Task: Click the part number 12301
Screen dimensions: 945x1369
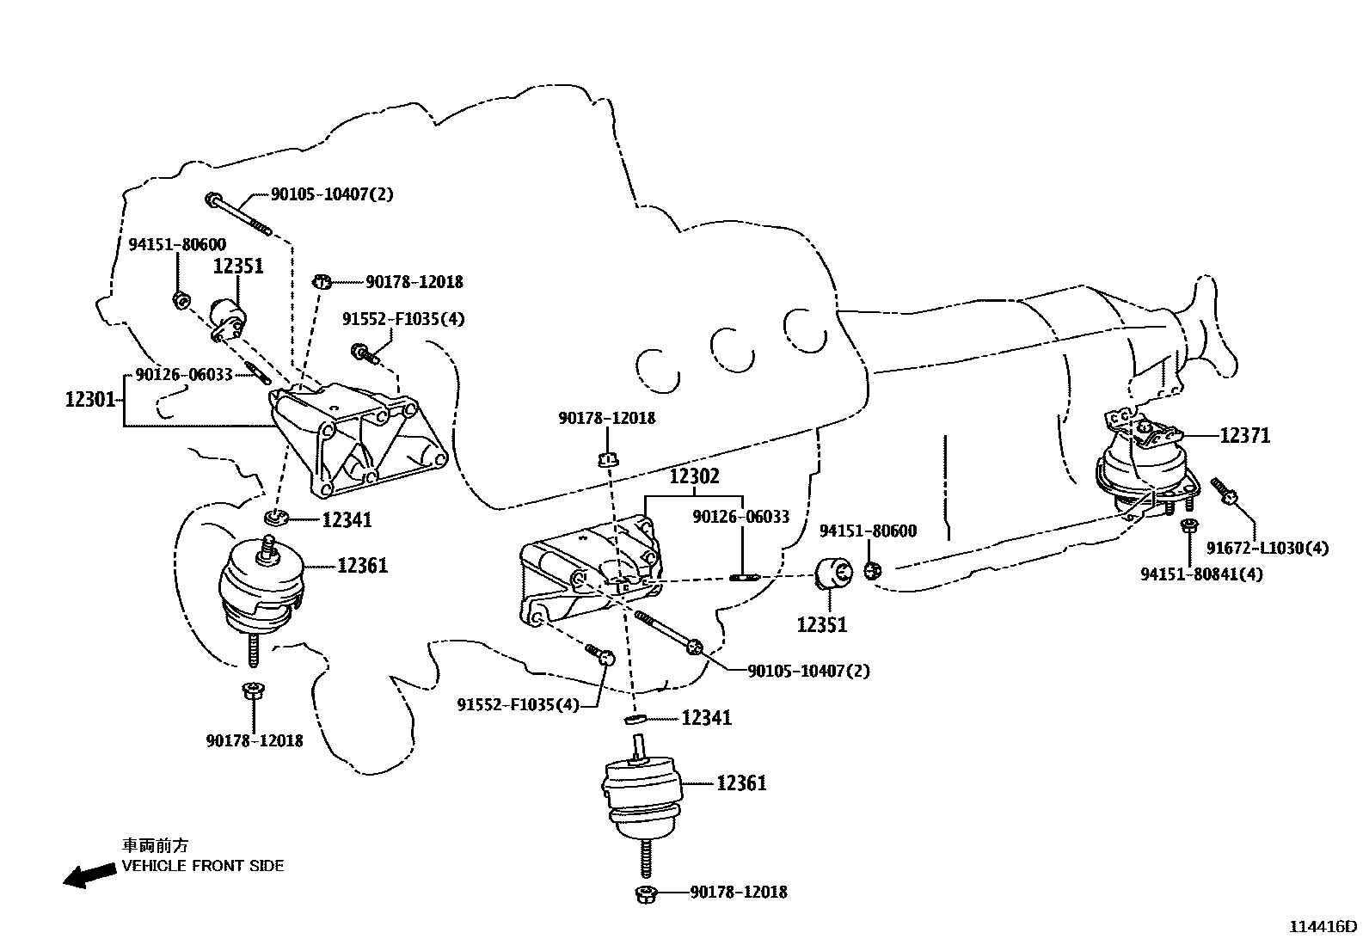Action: (89, 399)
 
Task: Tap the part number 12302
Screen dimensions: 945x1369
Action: (694, 476)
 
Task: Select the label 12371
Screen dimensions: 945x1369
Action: (1244, 436)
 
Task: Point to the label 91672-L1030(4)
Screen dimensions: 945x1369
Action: (1267, 548)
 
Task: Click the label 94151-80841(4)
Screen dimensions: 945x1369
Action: (1201, 574)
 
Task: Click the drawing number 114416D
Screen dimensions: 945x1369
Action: (1322, 927)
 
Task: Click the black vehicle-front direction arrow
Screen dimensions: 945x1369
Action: (89, 875)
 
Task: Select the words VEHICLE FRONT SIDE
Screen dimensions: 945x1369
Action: (203, 866)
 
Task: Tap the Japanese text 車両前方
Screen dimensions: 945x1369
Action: (153, 846)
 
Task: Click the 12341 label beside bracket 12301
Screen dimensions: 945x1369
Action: (347, 519)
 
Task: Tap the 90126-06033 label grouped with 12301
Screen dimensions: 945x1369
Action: (184, 376)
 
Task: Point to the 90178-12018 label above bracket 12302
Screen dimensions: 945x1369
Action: (606, 418)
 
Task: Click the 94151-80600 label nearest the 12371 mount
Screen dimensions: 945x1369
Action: (868, 531)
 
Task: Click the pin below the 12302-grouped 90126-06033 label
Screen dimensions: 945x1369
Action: (742, 576)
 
